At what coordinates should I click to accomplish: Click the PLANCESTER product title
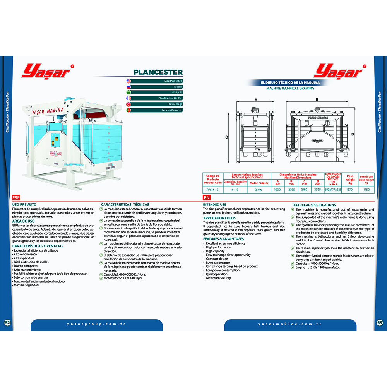tap(158, 72)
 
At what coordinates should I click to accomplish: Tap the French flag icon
tap(128, 99)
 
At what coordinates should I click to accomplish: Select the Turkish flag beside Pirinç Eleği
tap(128, 104)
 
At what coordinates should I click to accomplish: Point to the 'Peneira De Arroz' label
tap(163, 110)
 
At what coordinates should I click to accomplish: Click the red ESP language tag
tap(16, 197)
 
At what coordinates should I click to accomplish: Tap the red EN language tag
tap(206, 197)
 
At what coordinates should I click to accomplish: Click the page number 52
tap(7, 323)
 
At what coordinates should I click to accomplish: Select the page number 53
tap(380, 323)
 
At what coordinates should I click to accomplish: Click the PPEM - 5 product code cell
tap(213, 190)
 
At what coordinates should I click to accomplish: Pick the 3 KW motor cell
tap(259, 190)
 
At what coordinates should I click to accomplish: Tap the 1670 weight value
tap(349, 190)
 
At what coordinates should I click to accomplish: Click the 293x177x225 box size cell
tap(333, 190)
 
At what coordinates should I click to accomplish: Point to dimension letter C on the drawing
tap(226, 137)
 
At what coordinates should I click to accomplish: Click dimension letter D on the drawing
tap(353, 134)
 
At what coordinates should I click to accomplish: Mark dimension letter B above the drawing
tap(317, 99)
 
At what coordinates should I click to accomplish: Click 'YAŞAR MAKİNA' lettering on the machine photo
tap(48, 111)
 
